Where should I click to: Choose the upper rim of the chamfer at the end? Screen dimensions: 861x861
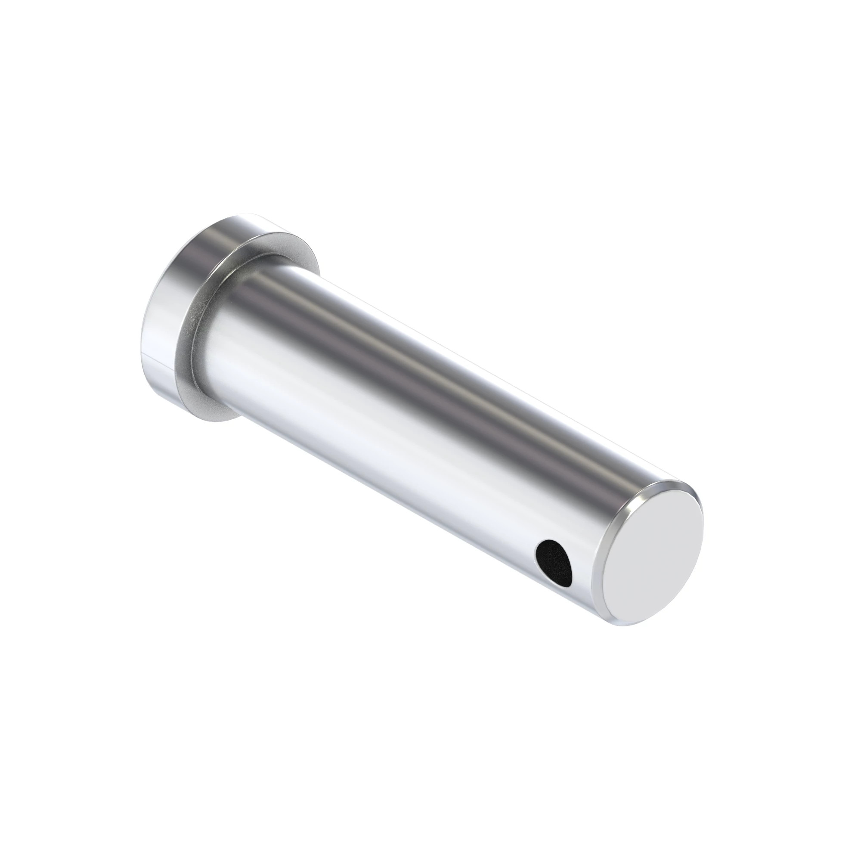[x=669, y=483]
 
